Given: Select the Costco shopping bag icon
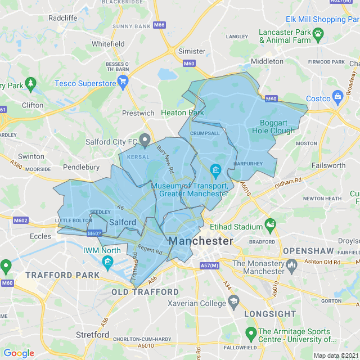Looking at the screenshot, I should (338, 96).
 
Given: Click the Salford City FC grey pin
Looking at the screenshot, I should (145, 138).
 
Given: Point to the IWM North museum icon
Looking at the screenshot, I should (107, 263).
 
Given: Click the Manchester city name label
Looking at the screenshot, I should (201, 241).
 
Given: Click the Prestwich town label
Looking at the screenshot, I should (138, 113).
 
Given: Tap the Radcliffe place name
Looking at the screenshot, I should (63, 18).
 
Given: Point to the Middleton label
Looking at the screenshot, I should (267, 61).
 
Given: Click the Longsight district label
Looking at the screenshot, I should (270, 313).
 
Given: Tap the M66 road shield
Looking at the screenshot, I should (159, 25).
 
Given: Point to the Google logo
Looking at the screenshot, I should (19, 353).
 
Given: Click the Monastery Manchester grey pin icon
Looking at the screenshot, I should (291, 264).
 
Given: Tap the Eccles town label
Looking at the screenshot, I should (40, 236).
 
